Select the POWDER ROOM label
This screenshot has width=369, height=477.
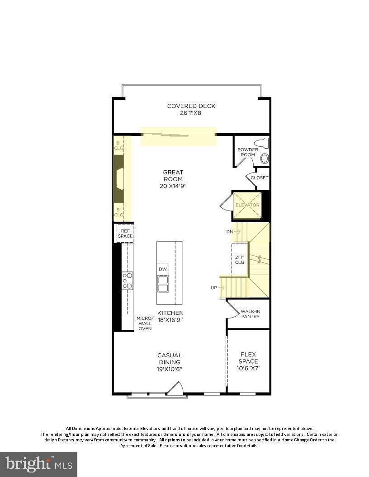point(247,152)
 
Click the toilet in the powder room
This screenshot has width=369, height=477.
point(262,144)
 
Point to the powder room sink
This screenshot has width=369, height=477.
point(265,158)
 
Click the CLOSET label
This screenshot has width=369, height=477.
point(259,178)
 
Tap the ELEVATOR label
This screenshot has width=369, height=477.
point(247,205)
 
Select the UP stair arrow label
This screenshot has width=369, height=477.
point(218,287)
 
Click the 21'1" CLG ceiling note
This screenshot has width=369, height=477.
point(240,260)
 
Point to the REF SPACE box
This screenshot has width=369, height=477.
point(125,233)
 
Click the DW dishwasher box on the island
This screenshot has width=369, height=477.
point(163,269)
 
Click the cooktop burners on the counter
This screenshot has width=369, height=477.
point(128,281)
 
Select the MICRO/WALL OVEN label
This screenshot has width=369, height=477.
point(145,323)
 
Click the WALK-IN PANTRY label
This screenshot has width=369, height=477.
point(250,314)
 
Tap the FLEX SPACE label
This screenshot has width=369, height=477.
point(248,361)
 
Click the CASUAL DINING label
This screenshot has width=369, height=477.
point(170,362)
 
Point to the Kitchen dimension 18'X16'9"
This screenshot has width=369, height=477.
point(170,320)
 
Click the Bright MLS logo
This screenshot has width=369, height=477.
point(38,464)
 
